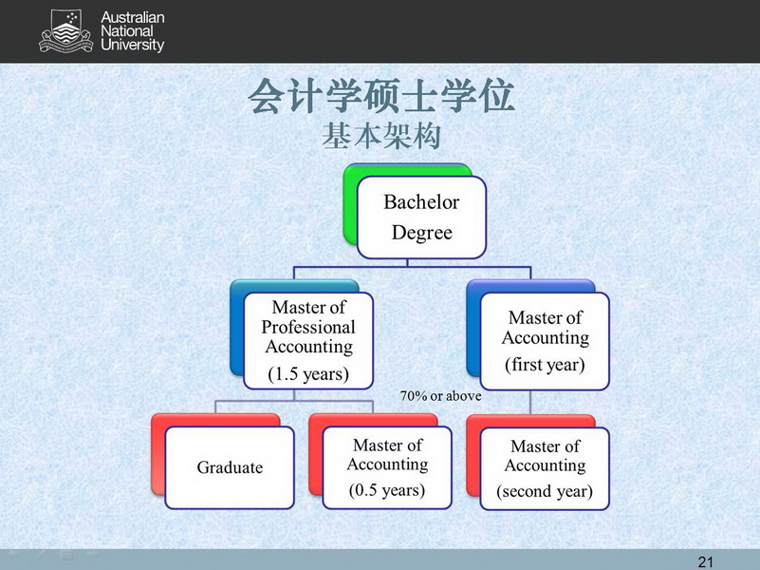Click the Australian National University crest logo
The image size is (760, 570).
click(x=65, y=31)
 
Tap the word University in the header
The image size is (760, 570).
click(x=132, y=45)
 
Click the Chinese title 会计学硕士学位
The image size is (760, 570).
click(x=381, y=96)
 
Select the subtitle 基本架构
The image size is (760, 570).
click(x=381, y=136)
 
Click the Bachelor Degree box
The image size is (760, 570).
click(x=421, y=217)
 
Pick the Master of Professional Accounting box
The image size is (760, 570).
click(x=308, y=340)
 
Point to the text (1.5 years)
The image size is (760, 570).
click(x=308, y=374)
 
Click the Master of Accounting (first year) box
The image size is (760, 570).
click(x=545, y=341)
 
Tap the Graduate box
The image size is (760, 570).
click(x=230, y=467)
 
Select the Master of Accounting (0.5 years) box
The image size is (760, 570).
click(x=387, y=467)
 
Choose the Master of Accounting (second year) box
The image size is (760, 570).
click(x=545, y=468)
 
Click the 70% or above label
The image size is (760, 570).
click(x=440, y=396)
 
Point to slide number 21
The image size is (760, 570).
click(x=706, y=561)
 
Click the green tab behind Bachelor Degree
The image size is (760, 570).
click(x=350, y=203)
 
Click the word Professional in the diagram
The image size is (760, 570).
click(x=308, y=328)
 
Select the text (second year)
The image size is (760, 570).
click(x=545, y=491)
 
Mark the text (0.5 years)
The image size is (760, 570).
click(x=387, y=490)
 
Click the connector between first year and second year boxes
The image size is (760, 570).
click(x=530, y=402)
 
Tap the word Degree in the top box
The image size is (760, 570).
click(x=421, y=233)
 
